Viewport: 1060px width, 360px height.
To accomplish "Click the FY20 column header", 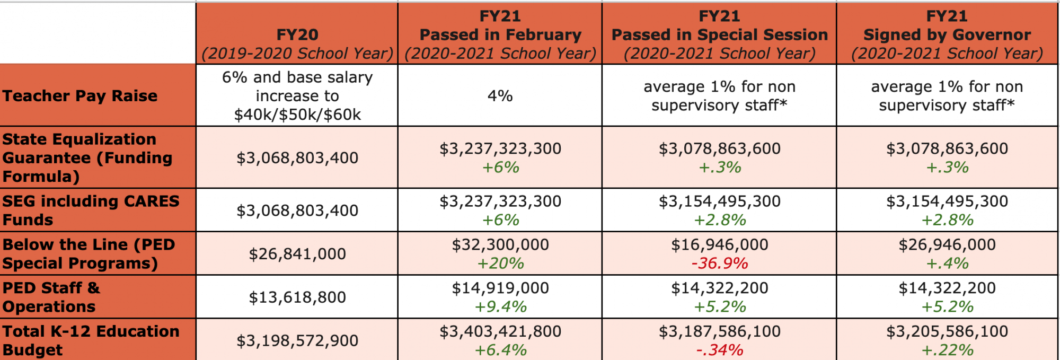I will coord(297,35).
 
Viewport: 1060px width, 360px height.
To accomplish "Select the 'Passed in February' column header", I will coord(500,35).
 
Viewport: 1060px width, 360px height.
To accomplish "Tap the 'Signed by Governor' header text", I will coord(947,35).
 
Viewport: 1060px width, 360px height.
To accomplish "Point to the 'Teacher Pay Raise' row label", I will coord(80,96).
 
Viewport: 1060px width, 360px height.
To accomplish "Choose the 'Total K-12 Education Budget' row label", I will coord(91,340).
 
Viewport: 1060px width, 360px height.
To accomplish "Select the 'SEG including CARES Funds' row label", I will coord(91,210).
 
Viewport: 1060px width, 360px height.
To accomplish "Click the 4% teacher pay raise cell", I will coord(500,96).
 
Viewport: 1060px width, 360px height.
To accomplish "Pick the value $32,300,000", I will coord(500,244).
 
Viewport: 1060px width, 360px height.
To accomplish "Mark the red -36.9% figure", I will coord(719,263).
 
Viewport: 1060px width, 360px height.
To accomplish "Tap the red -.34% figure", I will coord(719,350).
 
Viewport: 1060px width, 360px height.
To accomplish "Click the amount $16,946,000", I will coord(719,244).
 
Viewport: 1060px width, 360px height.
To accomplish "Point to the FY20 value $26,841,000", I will coord(297,254).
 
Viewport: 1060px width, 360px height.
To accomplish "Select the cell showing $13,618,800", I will coord(297,297).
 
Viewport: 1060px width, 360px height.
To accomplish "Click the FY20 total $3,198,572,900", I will coord(297,340).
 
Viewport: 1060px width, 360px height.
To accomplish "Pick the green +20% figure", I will coord(500,263).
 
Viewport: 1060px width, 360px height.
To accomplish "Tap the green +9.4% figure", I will coord(500,306).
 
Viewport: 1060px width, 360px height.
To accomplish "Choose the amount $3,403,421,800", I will coord(500,331).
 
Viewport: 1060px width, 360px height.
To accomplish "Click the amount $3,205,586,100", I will coord(947,331).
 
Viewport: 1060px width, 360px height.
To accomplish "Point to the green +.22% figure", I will coord(947,350).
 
